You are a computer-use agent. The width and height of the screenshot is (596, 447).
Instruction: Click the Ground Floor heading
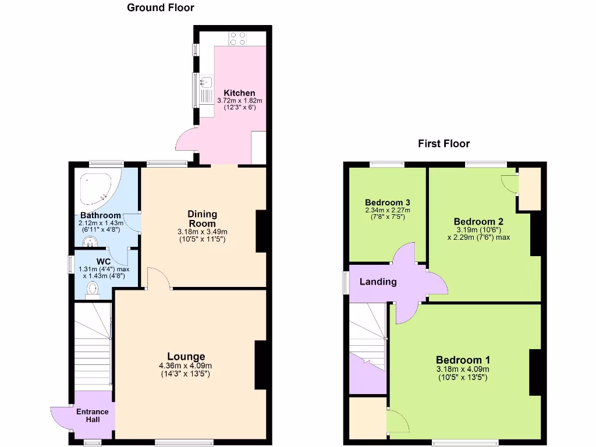pos(160,8)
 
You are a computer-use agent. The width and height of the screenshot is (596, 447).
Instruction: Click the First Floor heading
pos(444,143)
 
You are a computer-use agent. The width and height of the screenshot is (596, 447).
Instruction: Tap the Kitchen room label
pos(239,93)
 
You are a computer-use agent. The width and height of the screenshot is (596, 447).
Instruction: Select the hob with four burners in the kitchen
pos(237,38)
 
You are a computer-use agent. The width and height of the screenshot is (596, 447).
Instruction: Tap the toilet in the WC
pos(93,289)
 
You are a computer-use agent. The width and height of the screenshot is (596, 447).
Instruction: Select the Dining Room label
pos(202,219)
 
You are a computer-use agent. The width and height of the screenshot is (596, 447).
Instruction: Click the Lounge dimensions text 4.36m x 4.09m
pos(185,366)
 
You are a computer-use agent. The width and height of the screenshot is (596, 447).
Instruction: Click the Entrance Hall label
pos(92,416)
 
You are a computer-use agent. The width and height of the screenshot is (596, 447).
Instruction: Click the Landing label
pos(378,282)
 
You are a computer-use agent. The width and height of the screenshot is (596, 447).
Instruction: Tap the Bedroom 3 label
pos(387,202)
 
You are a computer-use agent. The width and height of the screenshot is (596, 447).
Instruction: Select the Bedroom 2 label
pos(478,222)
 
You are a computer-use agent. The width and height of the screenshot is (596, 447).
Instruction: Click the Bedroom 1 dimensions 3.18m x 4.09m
pos(463,369)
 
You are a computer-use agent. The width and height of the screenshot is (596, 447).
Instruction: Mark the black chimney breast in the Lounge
pos(261,364)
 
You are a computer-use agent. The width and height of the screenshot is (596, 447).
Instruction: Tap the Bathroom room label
pos(101,215)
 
